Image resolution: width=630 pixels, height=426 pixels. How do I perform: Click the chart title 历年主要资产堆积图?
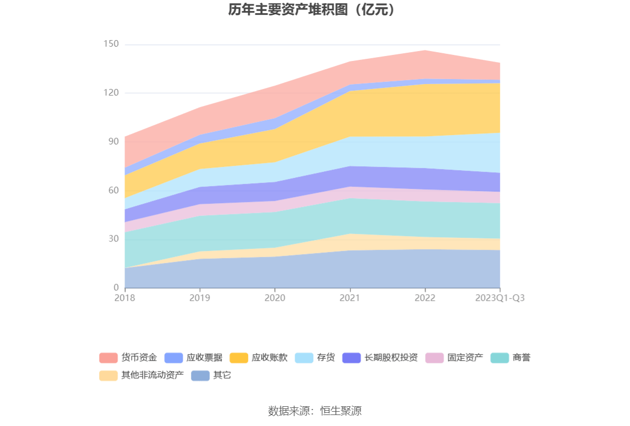pos(312,10)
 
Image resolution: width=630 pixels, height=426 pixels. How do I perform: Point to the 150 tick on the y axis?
pos(111,44)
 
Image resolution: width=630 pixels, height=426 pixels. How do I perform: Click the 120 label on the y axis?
pos(111,93)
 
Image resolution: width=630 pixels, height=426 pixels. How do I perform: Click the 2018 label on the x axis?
pos(125,298)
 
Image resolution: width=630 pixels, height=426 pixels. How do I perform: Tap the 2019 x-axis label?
pos(200,298)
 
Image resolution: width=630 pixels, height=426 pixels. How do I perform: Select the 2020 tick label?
pos(274,298)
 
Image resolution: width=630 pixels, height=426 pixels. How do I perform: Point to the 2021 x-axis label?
pos(350,298)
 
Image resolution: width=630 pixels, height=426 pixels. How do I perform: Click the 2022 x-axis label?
pos(425,298)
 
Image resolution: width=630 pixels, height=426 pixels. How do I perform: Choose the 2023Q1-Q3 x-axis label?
pos(499,298)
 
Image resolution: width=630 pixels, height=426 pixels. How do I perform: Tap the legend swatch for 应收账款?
pos(239,358)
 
